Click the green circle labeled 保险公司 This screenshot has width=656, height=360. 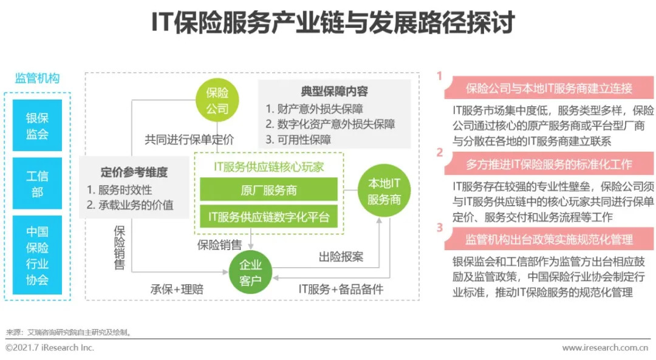point(217,101)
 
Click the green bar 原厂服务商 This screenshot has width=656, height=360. point(268,190)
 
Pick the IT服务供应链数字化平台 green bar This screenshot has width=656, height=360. point(268,216)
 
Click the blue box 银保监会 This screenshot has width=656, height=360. point(37,126)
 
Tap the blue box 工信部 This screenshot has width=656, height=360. point(37,183)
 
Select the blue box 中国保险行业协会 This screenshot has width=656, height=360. point(37,256)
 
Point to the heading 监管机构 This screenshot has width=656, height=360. point(37,78)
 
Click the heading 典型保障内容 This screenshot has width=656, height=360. point(334,92)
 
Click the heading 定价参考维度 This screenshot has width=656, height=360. point(134,172)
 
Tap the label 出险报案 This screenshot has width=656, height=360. point(341,257)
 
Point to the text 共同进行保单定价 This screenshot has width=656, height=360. point(189,139)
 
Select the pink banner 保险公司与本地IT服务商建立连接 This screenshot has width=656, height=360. point(548,89)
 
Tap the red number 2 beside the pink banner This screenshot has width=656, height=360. point(440,152)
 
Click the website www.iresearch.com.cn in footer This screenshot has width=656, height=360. point(604,348)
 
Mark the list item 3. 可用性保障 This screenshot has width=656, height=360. point(298,140)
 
